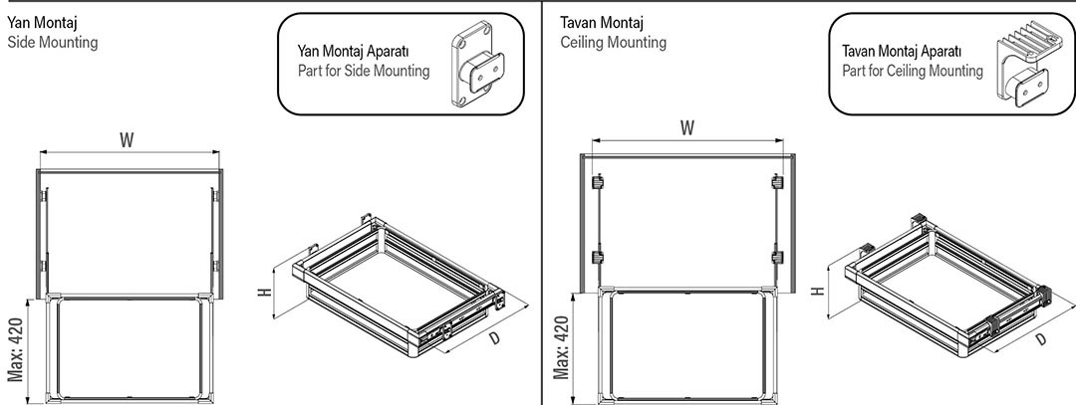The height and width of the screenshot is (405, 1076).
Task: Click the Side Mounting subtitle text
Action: [53, 44]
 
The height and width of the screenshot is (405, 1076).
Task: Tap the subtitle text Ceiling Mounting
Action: [614, 43]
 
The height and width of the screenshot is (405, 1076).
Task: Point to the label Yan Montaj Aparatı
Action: [355, 52]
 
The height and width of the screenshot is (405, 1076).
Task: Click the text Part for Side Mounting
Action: [364, 72]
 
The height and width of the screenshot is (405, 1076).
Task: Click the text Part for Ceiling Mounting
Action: [912, 72]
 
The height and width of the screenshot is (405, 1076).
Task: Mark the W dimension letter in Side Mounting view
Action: [128, 141]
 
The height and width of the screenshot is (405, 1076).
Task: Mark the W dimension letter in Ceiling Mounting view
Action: [687, 128]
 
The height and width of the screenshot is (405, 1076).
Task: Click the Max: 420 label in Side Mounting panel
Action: [17, 349]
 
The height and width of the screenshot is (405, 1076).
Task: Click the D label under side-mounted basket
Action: [495, 337]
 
